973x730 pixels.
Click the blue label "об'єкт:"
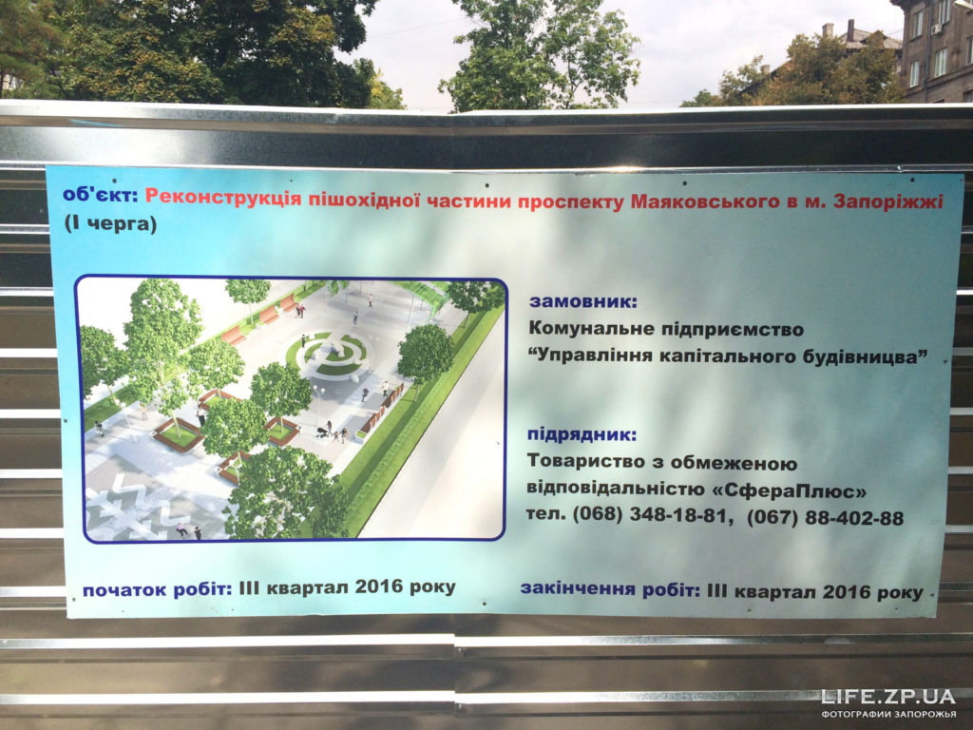100,195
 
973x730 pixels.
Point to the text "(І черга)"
110,223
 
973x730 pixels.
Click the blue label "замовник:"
582,302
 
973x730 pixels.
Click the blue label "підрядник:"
582,434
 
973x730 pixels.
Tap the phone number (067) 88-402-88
826,518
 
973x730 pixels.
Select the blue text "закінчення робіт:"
610,589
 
